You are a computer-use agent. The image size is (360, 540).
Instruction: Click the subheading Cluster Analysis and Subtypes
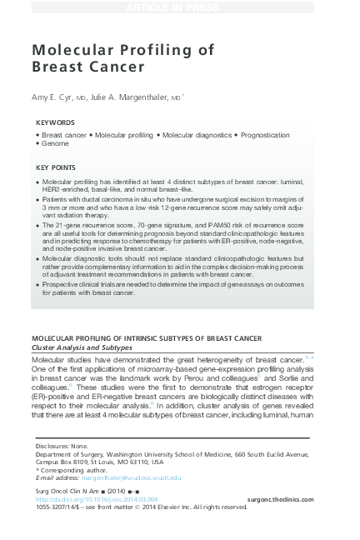coord(82,347)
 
